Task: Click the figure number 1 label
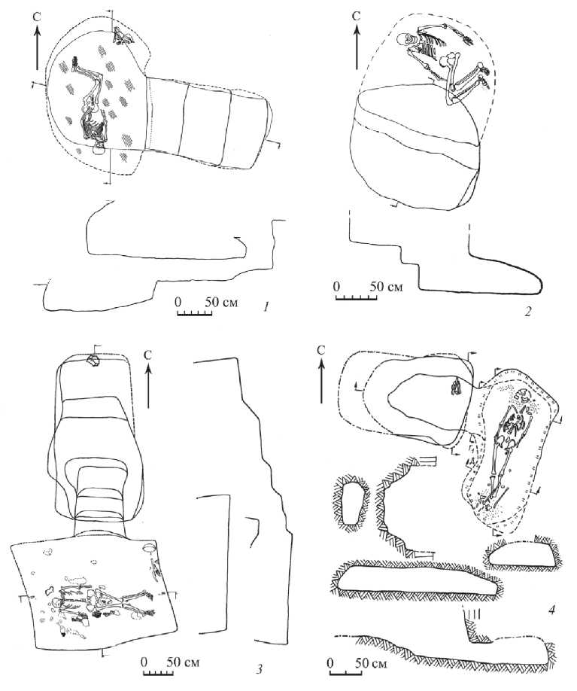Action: pos(265,306)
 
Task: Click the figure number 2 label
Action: pos(528,312)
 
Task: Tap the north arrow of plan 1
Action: pos(38,47)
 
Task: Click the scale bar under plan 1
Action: pos(195,312)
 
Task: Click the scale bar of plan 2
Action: pos(356,297)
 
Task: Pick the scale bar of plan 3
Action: pos(159,672)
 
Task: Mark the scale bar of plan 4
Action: pos(345,673)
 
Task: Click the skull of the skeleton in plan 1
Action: pos(99,150)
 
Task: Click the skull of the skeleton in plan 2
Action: pos(403,40)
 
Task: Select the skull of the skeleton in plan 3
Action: pos(56,602)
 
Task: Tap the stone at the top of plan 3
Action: pos(94,361)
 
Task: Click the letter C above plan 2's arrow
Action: pos(357,17)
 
